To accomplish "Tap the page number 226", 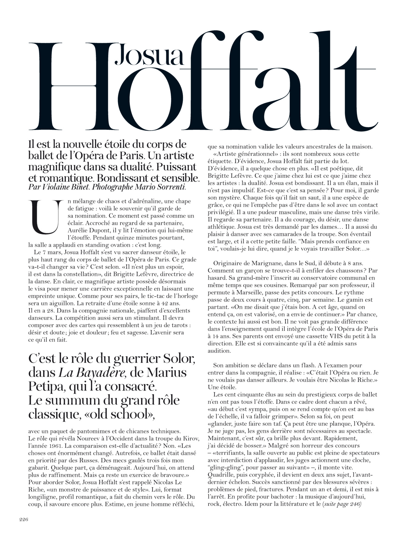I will pyautogui.click(x=24, y=520).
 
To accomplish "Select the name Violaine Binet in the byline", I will pyautogui.click(x=66, y=187).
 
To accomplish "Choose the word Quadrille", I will pyautogui.click(x=220, y=475).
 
